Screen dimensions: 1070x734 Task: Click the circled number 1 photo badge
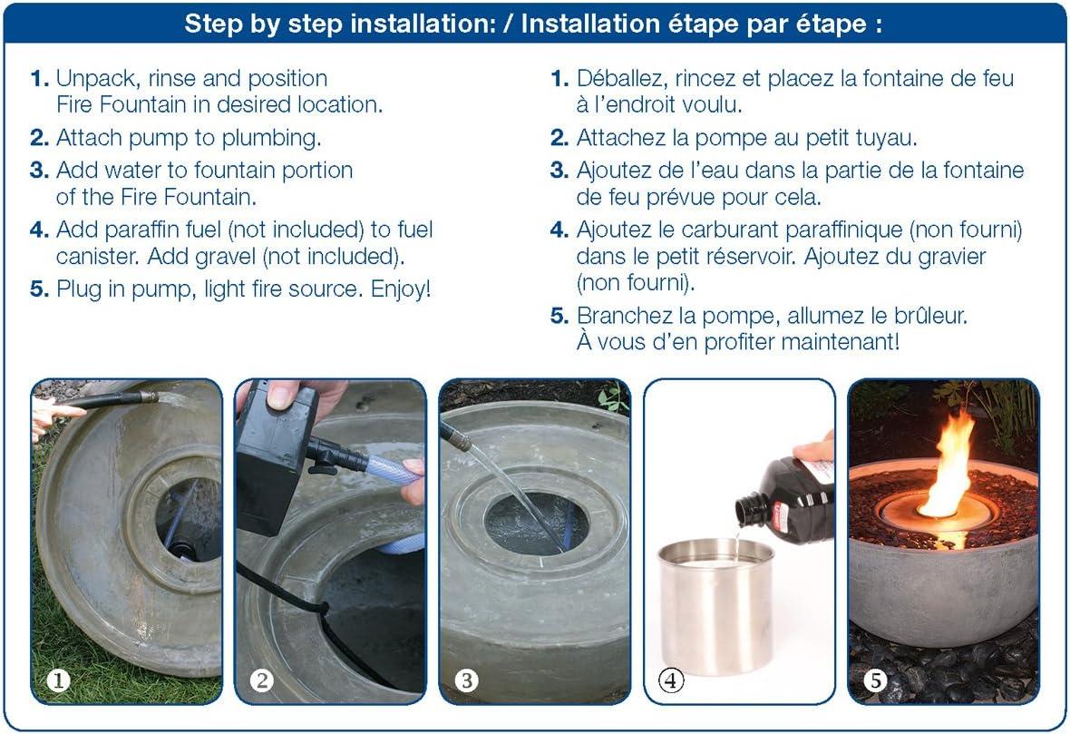[58, 680]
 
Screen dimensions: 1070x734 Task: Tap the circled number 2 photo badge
[261, 680]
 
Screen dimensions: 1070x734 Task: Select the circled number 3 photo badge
[467, 680]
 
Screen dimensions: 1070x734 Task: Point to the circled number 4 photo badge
[671, 680]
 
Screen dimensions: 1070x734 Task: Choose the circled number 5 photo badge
[875, 680]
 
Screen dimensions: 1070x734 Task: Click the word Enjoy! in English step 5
[401, 289]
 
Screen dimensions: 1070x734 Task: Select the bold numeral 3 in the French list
[559, 170]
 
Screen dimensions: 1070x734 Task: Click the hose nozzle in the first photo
[148, 396]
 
